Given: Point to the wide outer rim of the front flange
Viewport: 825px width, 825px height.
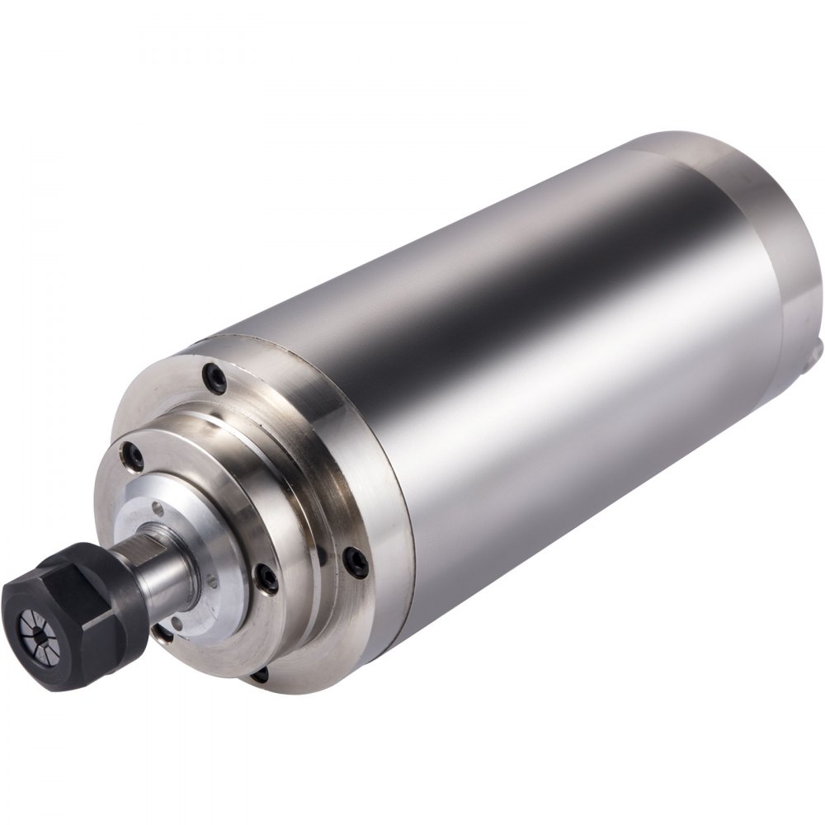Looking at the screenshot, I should [x=363, y=462].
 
